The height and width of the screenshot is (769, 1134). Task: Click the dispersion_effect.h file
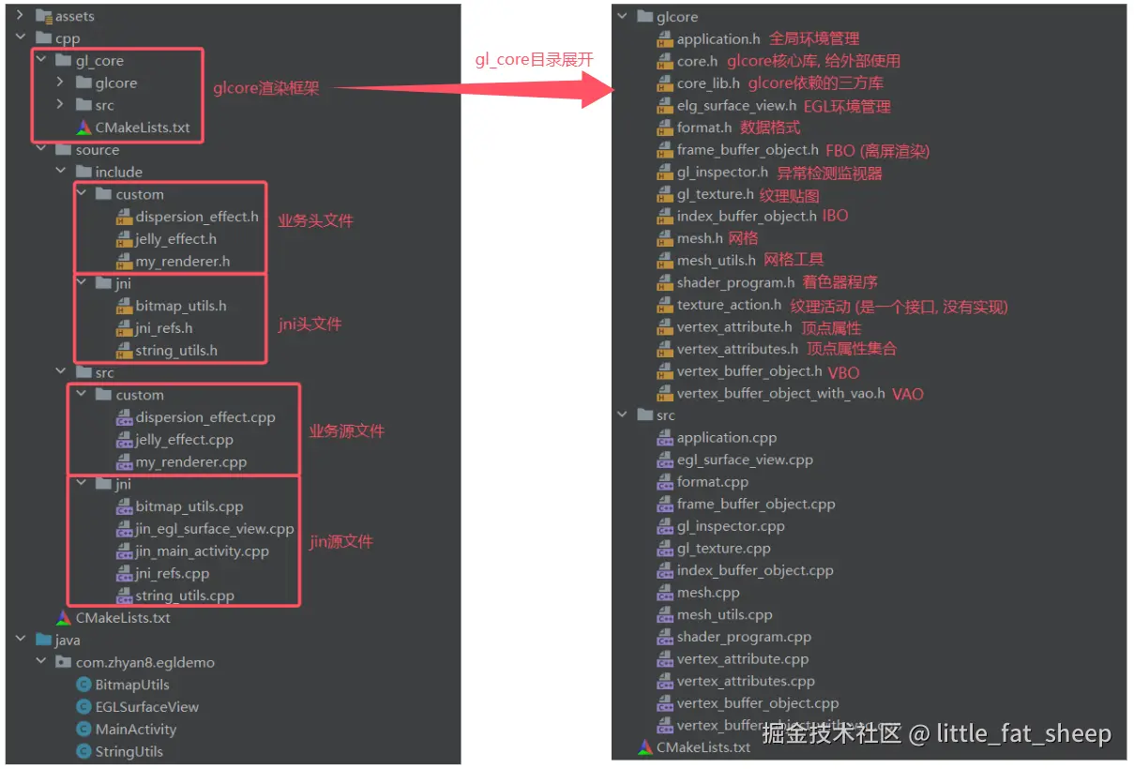tap(196, 217)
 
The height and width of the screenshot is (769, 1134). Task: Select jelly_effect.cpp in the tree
tap(184, 440)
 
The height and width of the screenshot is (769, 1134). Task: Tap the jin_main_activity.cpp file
tap(202, 551)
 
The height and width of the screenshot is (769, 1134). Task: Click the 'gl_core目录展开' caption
tap(534, 59)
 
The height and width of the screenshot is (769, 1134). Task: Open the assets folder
tap(74, 17)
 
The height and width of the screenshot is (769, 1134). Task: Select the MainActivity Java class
tap(135, 730)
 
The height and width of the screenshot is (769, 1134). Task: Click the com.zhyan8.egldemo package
tap(144, 662)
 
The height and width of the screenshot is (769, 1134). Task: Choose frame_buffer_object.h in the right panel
tap(748, 150)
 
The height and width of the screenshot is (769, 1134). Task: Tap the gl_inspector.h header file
tap(722, 173)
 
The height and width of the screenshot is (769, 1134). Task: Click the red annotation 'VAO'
tap(907, 394)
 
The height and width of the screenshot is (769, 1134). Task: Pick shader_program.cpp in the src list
tap(744, 638)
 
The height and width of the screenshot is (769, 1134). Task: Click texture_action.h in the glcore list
tap(729, 306)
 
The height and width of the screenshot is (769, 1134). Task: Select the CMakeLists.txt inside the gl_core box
tap(142, 128)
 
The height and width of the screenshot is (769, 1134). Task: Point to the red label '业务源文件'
tap(347, 431)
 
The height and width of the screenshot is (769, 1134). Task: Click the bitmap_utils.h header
tap(180, 306)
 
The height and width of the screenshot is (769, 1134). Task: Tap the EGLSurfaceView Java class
tap(146, 707)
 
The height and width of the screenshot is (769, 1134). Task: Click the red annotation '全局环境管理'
tap(814, 39)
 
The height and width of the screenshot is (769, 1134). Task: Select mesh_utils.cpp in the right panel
tap(724, 615)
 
